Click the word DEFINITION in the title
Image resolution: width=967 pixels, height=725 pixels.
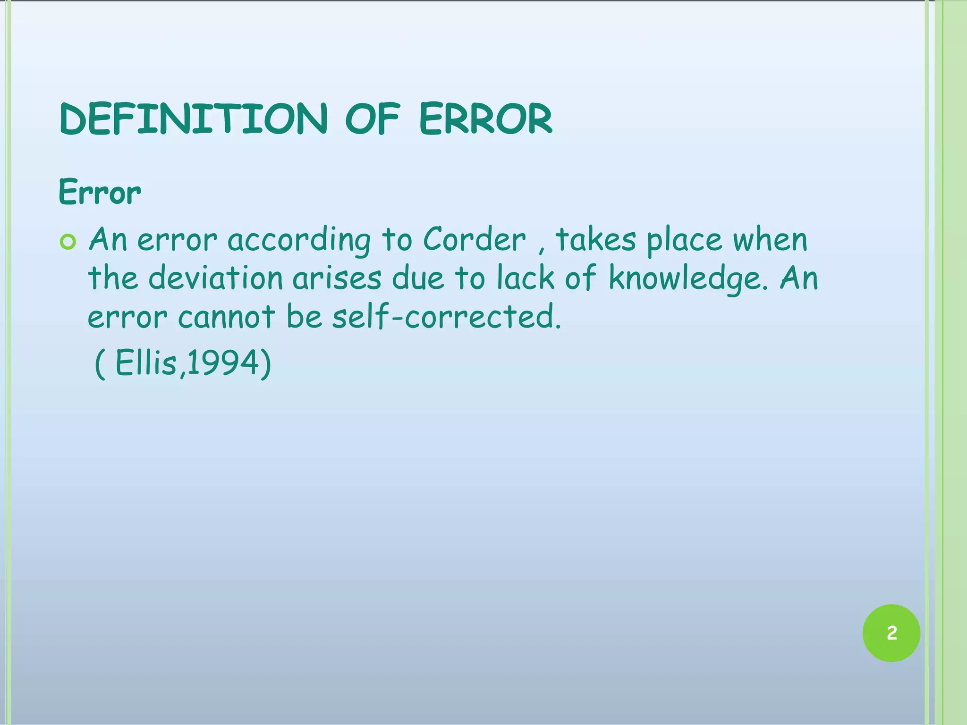coord(194,119)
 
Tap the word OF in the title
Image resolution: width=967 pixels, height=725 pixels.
coord(373,119)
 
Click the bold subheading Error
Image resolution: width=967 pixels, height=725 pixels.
coord(100,193)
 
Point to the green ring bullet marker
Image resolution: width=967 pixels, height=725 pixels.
coord(68,242)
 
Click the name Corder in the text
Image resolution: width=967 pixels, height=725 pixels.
coord(474,240)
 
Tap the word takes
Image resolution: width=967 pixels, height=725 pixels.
coord(596,240)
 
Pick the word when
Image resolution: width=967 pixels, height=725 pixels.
coord(770,240)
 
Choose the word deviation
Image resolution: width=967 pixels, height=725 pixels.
coord(216,278)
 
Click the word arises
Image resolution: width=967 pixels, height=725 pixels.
coord(337,278)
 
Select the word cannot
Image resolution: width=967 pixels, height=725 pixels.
coord(226,317)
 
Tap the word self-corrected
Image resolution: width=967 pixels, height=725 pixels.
coord(447,317)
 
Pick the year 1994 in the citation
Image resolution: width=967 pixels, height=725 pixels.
coord(223,363)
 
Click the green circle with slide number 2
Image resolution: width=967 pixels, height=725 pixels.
coord(891,633)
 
